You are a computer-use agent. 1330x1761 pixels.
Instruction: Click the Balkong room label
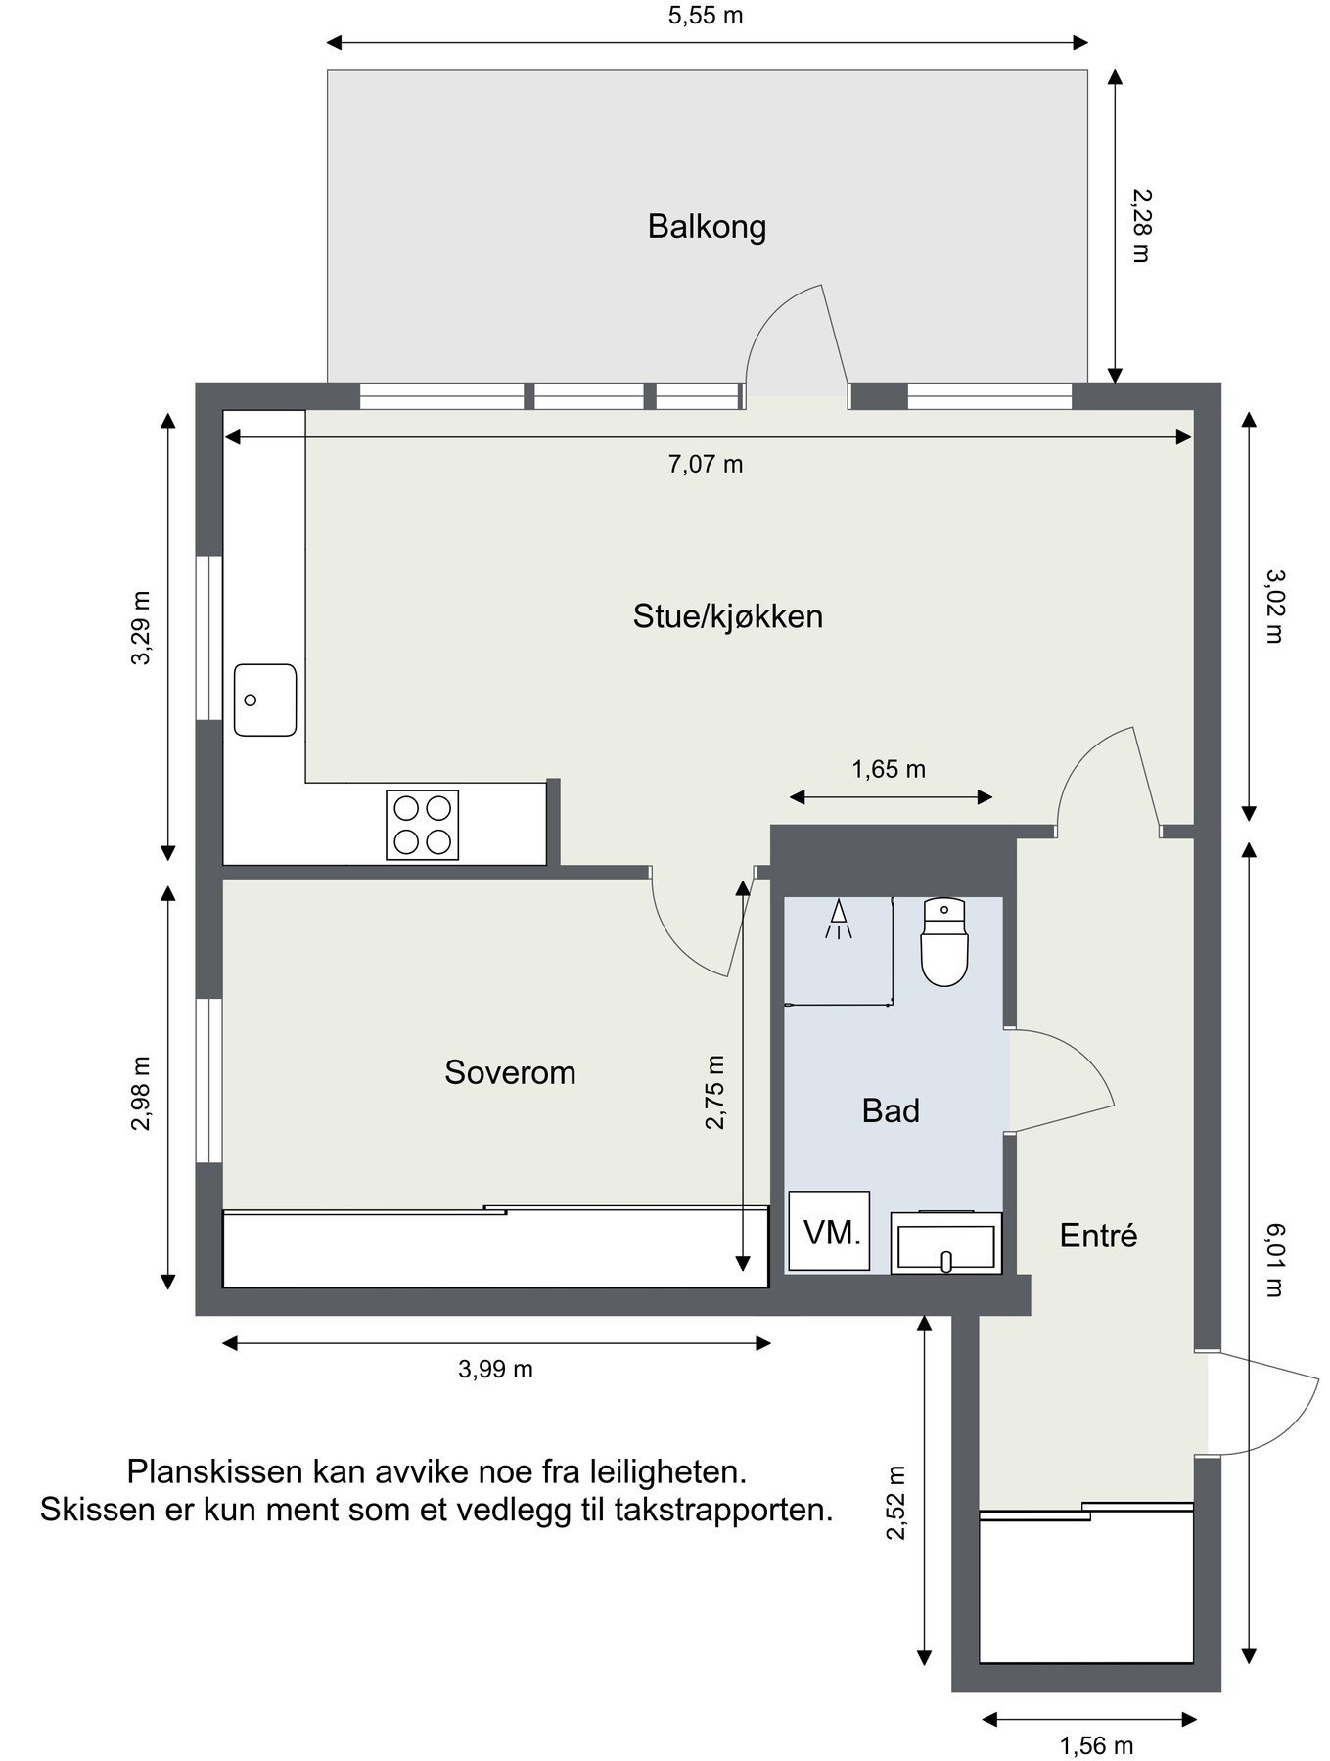(707, 227)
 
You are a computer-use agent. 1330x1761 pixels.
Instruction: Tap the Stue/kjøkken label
(727, 616)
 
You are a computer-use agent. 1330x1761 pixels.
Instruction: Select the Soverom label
(510, 1072)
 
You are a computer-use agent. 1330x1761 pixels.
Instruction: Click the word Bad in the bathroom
(891, 1110)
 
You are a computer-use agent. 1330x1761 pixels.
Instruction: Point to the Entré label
(1098, 1236)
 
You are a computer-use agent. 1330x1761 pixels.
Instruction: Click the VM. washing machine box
(830, 1232)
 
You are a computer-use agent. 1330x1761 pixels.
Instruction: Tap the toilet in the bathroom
(944, 942)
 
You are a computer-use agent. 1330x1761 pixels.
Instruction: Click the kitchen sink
(264, 700)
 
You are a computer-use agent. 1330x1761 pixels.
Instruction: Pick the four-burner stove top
(422, 825)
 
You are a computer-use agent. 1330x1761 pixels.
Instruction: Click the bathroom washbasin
(945, 1244)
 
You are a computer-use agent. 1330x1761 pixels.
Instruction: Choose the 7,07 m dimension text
(706, 464)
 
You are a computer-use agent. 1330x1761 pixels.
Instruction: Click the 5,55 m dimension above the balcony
(706, 16)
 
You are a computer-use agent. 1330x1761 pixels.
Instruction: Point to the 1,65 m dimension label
(889, 769)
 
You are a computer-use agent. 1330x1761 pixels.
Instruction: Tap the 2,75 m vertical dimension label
(715, 1093)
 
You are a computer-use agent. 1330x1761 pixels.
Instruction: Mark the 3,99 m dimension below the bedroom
(495, 1369)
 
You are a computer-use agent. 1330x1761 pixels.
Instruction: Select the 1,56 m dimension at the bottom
(1096, 1744)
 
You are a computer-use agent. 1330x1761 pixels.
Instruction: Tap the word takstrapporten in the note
(723, 1510)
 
